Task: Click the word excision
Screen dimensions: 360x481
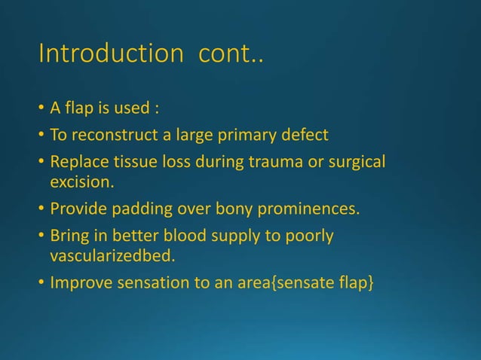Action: coord(79,183)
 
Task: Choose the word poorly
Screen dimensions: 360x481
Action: coord(309,236)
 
